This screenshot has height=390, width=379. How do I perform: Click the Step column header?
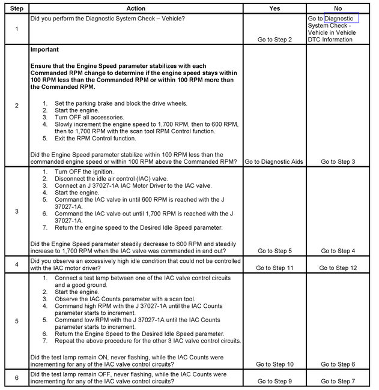16,8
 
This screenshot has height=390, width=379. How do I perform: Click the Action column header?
136,8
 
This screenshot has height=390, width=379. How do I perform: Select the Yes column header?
274,8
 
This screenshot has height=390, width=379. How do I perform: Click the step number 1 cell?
16,29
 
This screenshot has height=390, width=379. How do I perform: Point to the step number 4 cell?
16,264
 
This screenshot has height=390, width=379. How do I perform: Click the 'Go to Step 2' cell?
274,40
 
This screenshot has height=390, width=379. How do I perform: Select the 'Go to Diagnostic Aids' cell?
274,161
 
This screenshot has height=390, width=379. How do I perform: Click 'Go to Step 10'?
274,364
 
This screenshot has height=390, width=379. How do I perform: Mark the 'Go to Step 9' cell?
274,381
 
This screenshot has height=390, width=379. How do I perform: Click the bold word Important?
46,50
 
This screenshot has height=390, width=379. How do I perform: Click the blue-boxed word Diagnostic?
342,18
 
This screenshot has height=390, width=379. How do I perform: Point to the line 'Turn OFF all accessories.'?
89,118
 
